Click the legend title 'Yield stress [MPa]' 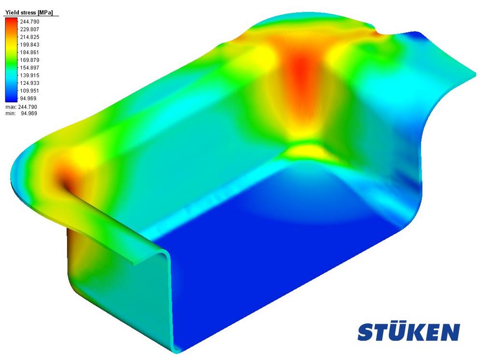pos(29,13)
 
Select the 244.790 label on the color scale pos(29,22)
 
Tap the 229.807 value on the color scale pos(29,29)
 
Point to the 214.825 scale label pos(29,37)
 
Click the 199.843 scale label pos(29,44)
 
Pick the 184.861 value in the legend pos(29,52)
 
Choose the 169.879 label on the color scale pos(29,60)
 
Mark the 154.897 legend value pos(29,68)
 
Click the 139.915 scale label pos(29,75)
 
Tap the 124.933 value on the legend pos(29,83)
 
